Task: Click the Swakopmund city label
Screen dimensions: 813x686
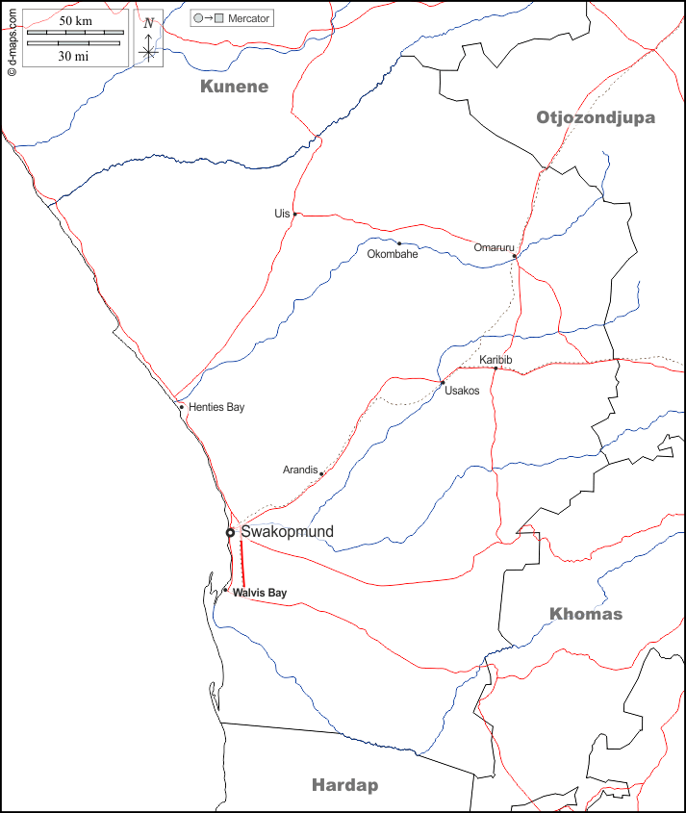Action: pyautogui.click(x=287, y=532)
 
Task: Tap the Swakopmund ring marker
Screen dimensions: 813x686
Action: pyautogui.click(x=230, y=532)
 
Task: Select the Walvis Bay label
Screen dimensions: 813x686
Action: pyautogui.click(x=260, y=594)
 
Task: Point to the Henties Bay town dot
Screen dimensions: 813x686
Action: pyautogui.click(x=181, y=406)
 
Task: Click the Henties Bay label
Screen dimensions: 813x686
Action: pyautogui.click(x=216, y=408)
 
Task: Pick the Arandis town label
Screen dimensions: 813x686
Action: pyautogui.click(x=299, y=470)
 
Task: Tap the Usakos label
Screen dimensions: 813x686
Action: pyautogui.click(x=462, y=391)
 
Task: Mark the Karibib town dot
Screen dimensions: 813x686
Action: pyautogui.click(x=495, y=368)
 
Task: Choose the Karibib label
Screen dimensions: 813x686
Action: pyautogui.click(x=495, y=360)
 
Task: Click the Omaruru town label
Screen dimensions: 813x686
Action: pyautogui.click(x=494, y=247)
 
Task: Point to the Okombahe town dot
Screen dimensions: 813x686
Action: pyautogui.click(x=399, y=242)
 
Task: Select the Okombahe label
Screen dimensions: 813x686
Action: pyautogui.click(x=393, y=254)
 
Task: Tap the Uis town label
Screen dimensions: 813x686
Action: pyautogui.click(x=282, y=214)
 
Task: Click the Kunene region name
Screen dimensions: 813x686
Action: pyautogui.click(x=234, y=87)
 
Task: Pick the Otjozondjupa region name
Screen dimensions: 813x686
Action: pyautogui.click(x=595, y=117)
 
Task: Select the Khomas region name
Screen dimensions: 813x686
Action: pyautogui.click(x=586, y=614)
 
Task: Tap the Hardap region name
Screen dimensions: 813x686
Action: pyautogui.click(x=344, y=785)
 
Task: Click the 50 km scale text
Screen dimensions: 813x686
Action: pyautogui.click(x=75, y=20)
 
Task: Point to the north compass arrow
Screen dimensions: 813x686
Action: pyautogui.click(x=148, y=40)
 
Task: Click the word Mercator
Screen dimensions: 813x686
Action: pyautogui.click(x=249, y=18)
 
